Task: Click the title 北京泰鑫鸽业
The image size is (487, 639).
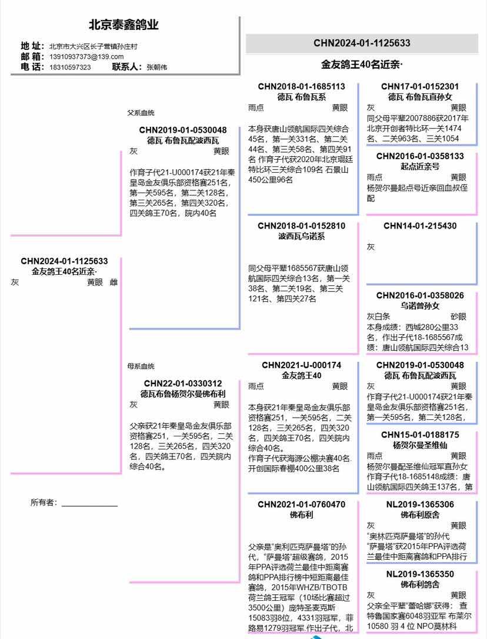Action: [124, 25]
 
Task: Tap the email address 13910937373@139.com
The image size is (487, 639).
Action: [86, 56]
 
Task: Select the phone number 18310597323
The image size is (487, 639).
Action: [69, 67]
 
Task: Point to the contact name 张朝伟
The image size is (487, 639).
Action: [156, 67]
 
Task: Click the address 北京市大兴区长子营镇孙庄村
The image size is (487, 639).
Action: [93, 46]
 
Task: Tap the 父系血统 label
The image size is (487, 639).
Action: [141, 113]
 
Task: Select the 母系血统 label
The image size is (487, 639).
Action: [141, 366]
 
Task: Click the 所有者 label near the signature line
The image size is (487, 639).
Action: [44, 502]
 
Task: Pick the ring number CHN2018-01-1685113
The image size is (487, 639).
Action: [301, 86]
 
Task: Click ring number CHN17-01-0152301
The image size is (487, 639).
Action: [420, 86]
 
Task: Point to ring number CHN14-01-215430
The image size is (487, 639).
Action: [420, 226]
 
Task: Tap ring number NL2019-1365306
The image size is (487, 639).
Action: [420, 505]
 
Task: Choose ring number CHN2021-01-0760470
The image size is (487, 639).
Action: [301, 505]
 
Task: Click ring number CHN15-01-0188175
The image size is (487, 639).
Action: [420, 435]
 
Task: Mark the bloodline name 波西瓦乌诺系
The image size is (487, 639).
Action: [301, 237]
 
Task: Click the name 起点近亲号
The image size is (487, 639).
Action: [420, 167]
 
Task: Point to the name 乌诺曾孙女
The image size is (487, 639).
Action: [420, 306]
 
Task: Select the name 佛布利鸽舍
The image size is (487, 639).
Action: [420, 584]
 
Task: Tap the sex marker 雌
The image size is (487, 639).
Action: [114, 282]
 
